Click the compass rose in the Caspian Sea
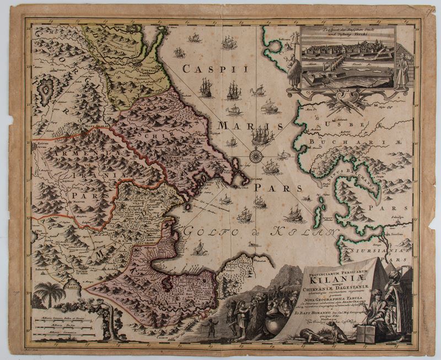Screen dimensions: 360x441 pyautogui.click(x=256, y=156)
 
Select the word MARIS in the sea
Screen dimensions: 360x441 pyautogui.click(x=245, y=126)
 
